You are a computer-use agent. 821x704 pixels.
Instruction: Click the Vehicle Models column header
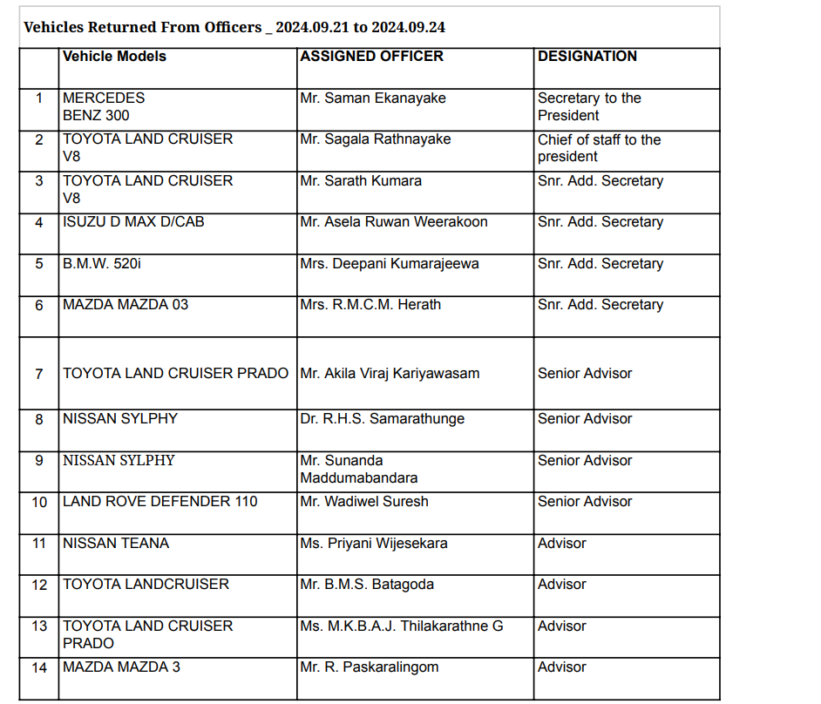point(114,57)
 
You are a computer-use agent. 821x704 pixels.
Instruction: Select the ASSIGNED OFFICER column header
point(371,57)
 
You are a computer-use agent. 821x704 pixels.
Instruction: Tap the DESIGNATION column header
point(587,57)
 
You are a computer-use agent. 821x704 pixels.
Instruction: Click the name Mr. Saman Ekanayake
point(372,98)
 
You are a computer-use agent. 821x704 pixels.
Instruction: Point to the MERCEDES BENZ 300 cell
point(104,106)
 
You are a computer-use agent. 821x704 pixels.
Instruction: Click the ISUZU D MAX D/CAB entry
point(133,222)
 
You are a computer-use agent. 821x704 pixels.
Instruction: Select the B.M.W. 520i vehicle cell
point(101,264)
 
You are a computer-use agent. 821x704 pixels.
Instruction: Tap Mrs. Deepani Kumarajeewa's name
point(389,264)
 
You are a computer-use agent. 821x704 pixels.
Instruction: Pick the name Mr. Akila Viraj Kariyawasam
point(390,374)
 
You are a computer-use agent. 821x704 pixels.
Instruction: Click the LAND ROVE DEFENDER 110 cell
point(160,502)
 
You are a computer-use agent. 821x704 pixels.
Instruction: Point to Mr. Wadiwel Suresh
point(363,502)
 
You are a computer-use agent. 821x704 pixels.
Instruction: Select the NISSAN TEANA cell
point(116,544)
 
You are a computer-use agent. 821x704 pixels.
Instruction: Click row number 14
point(39,667)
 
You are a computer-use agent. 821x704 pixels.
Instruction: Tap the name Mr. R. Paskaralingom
point(369,667)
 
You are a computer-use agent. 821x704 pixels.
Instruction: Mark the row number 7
point(39,374)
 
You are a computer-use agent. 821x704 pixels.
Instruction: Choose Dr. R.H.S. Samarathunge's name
point(382,419)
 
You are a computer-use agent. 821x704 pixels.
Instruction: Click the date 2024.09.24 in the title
point(408,27)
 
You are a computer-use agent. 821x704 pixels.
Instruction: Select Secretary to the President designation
point(589,106)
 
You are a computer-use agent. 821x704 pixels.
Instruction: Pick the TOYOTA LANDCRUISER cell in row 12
point(146,585)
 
